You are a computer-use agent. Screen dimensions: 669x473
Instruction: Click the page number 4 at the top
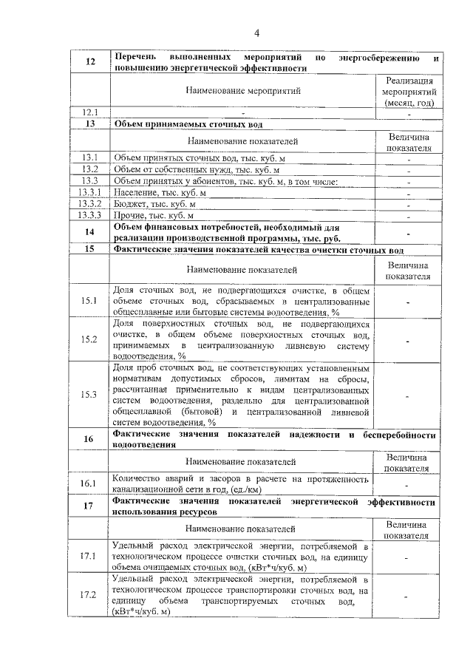click(257, 33)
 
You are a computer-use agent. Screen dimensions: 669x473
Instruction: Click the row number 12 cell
click(90, 62)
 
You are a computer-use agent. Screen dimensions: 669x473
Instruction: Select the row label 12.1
click(90, 112)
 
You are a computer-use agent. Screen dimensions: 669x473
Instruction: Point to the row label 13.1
click(90, 157)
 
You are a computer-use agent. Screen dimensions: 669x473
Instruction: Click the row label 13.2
click(90, 169)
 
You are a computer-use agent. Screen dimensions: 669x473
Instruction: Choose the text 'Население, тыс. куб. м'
click(160, 192)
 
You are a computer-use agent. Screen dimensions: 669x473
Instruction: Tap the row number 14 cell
click(90, 232)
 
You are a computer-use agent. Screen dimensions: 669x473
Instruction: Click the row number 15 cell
click(90, 250)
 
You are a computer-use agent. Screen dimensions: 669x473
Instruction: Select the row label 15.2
click(90, 339)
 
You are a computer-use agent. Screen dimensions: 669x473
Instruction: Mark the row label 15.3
click(90, 394)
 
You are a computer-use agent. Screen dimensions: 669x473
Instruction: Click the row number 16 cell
click(90, 439)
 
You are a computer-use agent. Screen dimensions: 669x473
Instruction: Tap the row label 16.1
click(90, 483)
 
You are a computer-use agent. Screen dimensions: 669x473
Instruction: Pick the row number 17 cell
click(90, 506)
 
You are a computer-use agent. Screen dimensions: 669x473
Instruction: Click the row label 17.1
click(90, 556)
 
